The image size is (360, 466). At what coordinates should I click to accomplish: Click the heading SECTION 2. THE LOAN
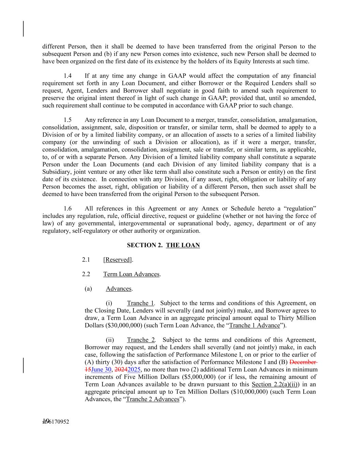[163, 245]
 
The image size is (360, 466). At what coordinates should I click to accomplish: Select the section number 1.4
[68, 76]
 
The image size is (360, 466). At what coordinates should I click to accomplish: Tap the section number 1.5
[68, 120]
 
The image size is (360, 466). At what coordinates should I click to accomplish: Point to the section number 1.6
[68, 208]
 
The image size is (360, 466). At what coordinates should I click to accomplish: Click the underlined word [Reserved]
[118, 260]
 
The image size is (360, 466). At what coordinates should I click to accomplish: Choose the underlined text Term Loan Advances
[131, 274]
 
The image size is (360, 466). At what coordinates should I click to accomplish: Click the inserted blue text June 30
[101, 370]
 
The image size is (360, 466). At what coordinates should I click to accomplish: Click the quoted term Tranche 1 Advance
[255, 325]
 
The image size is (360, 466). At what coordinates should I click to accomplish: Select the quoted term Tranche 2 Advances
[153, 399]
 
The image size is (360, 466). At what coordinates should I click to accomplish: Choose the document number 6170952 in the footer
[59, 422]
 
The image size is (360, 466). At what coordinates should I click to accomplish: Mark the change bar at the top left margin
[24, 29]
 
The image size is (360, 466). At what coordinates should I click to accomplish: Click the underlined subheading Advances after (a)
[118, 289]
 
